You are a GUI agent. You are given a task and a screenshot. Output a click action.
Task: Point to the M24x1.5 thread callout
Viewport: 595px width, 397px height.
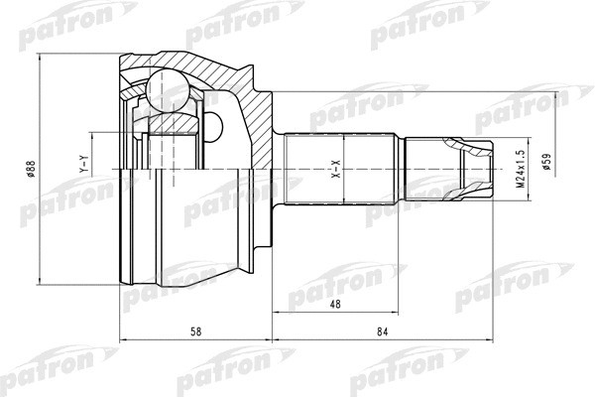518,170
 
